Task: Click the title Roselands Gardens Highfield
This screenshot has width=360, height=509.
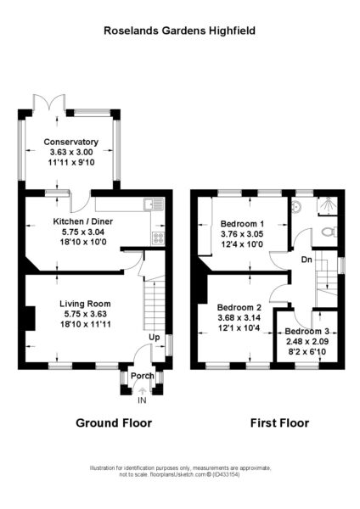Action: [x=179, y=31]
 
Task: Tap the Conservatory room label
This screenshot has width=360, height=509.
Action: [x=70, y=142]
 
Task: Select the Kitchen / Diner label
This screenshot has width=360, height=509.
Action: [x=83, y=221]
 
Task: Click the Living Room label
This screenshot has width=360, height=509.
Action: [x=85, y=304]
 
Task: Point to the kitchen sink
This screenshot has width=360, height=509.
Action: [x=154, y=204]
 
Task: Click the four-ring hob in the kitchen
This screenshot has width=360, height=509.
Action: [x=158, y=238]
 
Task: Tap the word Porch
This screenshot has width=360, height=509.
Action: [x=143, y=376]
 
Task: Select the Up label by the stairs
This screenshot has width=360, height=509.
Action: [x=155, y=338]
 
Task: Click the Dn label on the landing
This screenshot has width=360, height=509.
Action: [x=307, y=260]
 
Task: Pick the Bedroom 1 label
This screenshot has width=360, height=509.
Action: [x=242, y=224]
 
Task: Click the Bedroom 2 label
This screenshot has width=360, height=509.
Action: [x=239, y=307]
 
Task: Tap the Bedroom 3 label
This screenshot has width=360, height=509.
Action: [x=307, y=332]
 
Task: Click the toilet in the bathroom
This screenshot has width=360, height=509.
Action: [x=329, y=232]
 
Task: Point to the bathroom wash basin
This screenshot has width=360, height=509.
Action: [x=296, y=206]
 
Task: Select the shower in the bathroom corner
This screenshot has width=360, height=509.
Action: [x=327, y=206]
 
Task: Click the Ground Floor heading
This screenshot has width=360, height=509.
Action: [x=114, y=423]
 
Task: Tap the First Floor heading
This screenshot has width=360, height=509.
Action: [x=279, y=423]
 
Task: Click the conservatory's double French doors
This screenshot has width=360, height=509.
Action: [x=49, y=103]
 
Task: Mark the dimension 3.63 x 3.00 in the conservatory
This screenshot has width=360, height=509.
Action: [x=71, y=152]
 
